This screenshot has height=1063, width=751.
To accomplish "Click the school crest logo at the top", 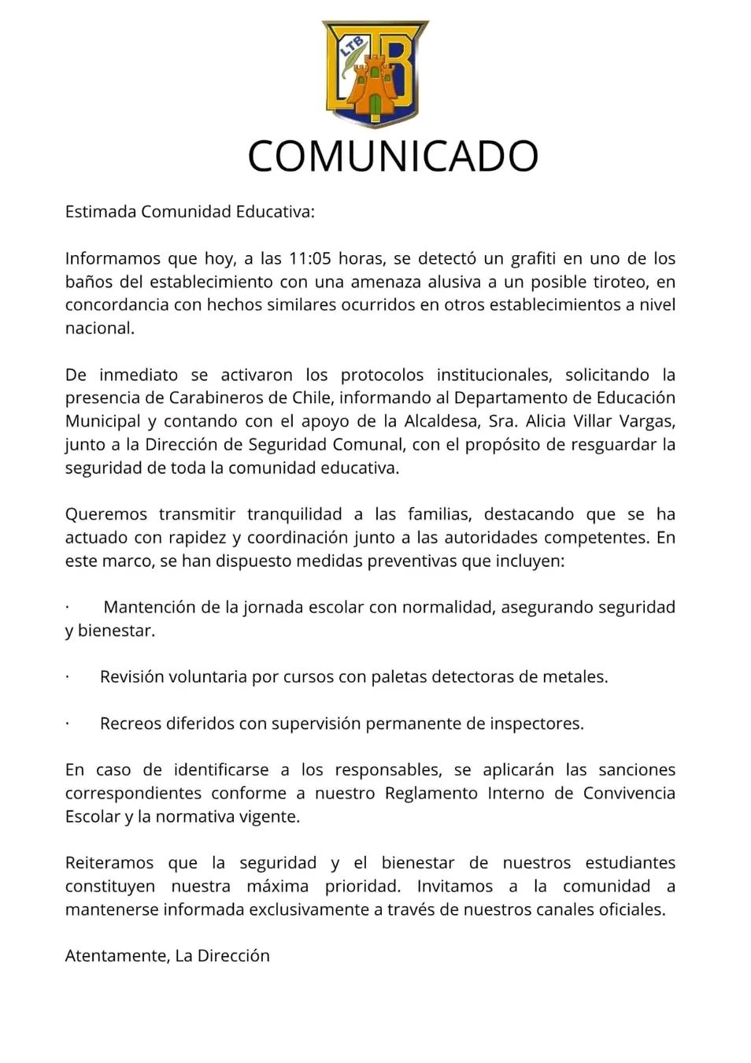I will tap(375, 73).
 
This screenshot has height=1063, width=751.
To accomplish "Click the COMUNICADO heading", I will tap(393, 156).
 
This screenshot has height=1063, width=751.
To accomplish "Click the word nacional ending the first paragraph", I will tap(98, 328).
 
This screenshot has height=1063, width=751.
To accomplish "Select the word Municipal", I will tap(102, 421).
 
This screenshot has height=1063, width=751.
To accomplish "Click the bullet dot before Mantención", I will tap(68, 607).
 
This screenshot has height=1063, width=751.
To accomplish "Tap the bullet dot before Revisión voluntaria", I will tap(68, 677).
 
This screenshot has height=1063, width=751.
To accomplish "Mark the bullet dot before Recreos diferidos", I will tap(68, 724).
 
